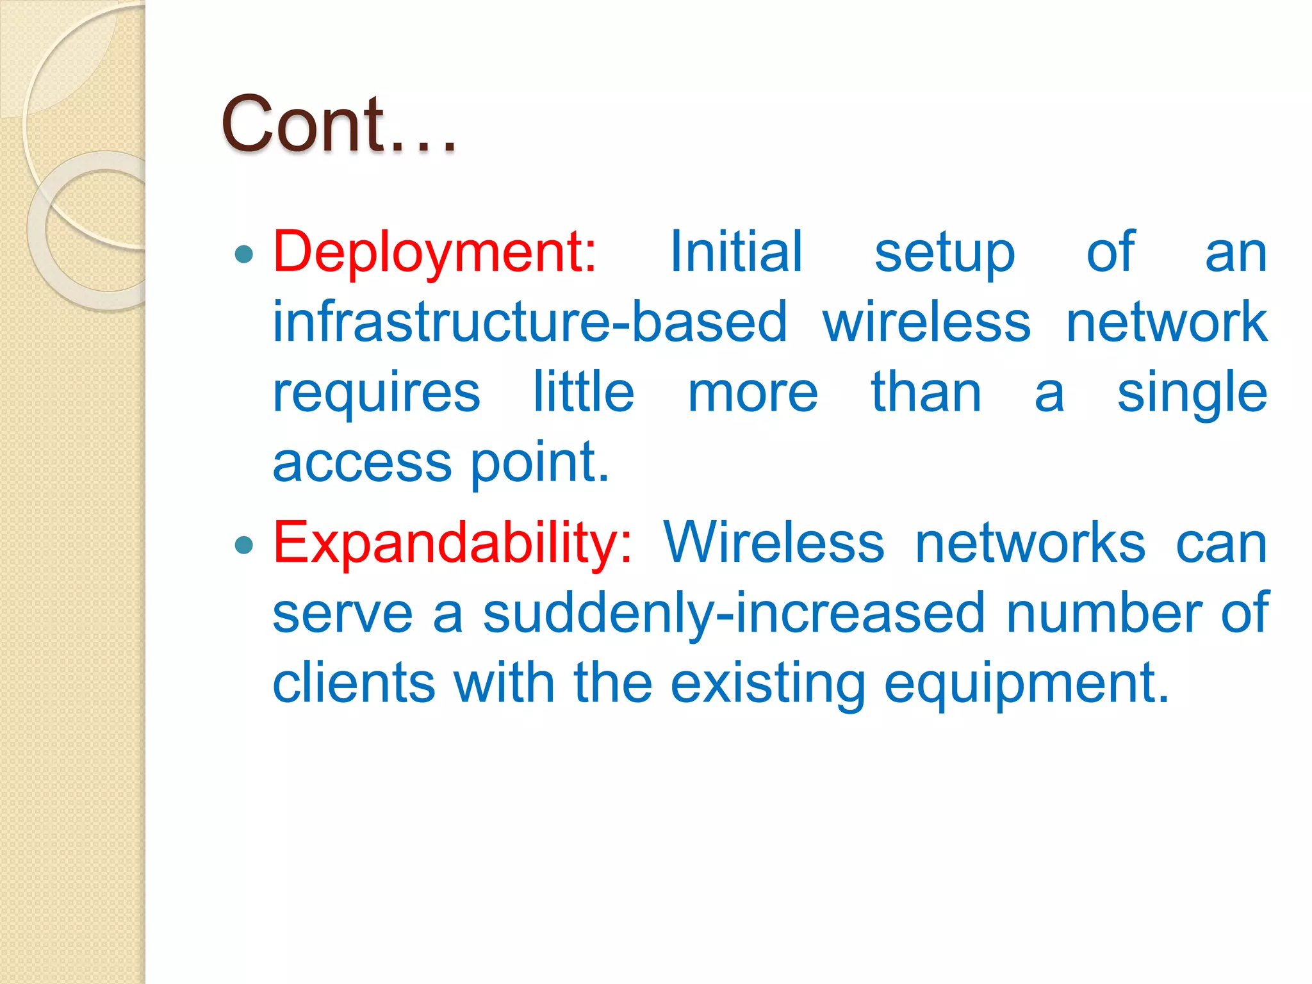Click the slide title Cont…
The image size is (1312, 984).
pyautogui.click(x=338, y=125)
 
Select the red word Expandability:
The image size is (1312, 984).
pyautogui.click(x=452, y=544)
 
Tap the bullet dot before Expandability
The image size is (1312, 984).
pyautogui.click(x=244, y=545)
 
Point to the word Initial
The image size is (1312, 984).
pyautogui.click(x=736, y=252)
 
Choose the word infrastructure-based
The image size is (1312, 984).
pyautogui.click(x=530, y=322)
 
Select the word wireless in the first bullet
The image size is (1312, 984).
pyautogui.click(x=926, y=322)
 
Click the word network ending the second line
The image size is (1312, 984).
pyautogui.click(x=1167, y=322)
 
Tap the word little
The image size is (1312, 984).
pyautogui.click(x=584, y=391)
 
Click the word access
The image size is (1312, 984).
pyautogui.click(x=362, y=463)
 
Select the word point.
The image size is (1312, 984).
pyautogui.click(x=539, y=463)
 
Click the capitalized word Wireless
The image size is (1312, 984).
pyautogui.click(x=774, y=544)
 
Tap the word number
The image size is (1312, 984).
pyautogui.click(x=1103, y=614)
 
